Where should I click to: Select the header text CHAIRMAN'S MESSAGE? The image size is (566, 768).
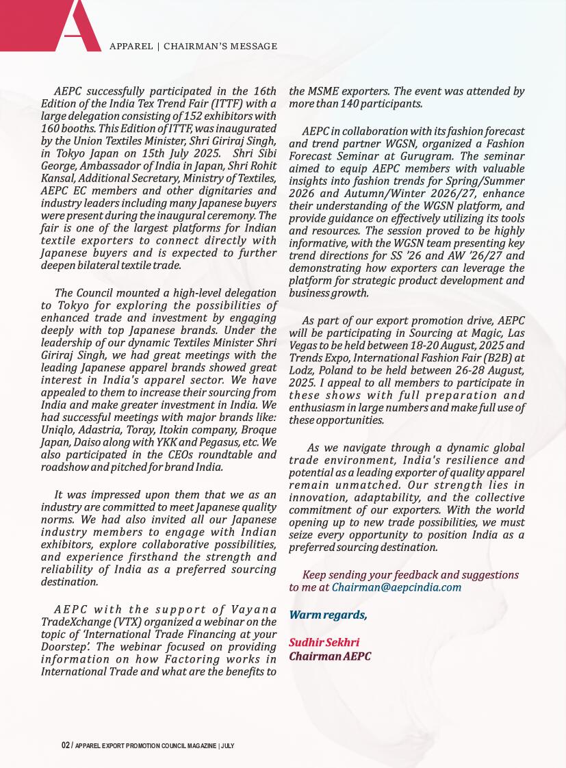[x=222, y=47]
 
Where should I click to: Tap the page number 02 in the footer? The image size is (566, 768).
[x=65, y=745]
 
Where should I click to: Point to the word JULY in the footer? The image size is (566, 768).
[x=228, y=745]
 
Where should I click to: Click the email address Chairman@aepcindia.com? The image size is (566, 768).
[x=396, y=587]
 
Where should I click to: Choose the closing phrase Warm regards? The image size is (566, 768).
[x=328, y=615]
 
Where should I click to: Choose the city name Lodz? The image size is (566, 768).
[x=301, y=370]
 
